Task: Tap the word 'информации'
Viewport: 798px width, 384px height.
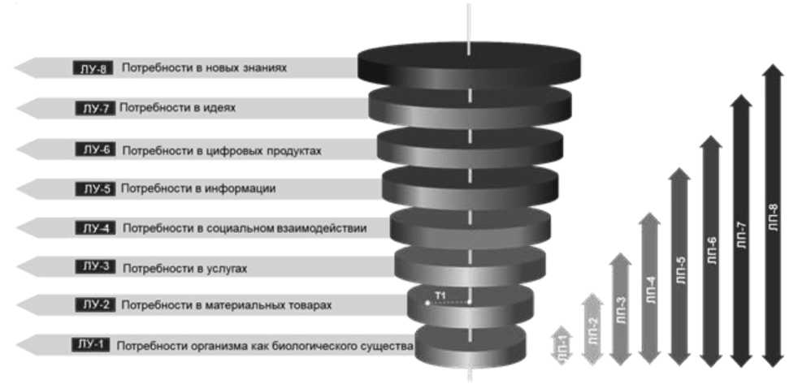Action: (241, 189)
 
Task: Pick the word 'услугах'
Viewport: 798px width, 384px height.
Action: (223, 268)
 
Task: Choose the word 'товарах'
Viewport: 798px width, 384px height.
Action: (306, 306)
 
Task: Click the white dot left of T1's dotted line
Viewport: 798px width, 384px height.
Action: (427, 303)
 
